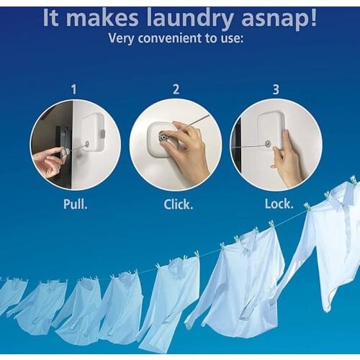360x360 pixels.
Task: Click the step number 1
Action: (x=73, y=89)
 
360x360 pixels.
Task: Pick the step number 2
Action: (x=175, y=89)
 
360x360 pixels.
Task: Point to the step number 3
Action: (x=276, y=89)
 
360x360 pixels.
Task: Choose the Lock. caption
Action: (x=278, y=204)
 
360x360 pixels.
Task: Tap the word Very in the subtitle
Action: (x=123, y=38)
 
